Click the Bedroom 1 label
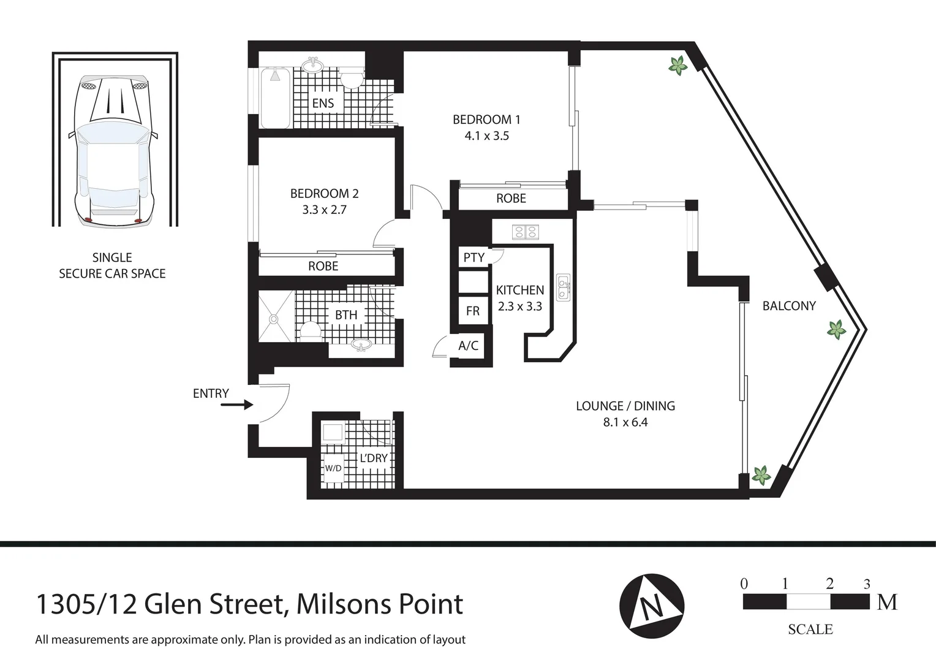tap(486, 120)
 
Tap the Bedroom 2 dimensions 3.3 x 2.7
tap(324, 210)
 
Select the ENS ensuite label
tap(323, 103)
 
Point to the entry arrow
tap(236, 405)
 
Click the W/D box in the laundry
tap(333, 468)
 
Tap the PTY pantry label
tap(474, 257)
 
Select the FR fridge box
tap(473, 311)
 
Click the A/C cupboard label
tap(468, 346)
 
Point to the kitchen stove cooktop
tap(525, 232)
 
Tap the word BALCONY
tap(789, 306)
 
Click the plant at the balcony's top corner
tap(677, 66)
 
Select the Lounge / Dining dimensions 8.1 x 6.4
tap(625, 422)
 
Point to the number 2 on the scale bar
tap(829, 584)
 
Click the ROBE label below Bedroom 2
tap(323, 266)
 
